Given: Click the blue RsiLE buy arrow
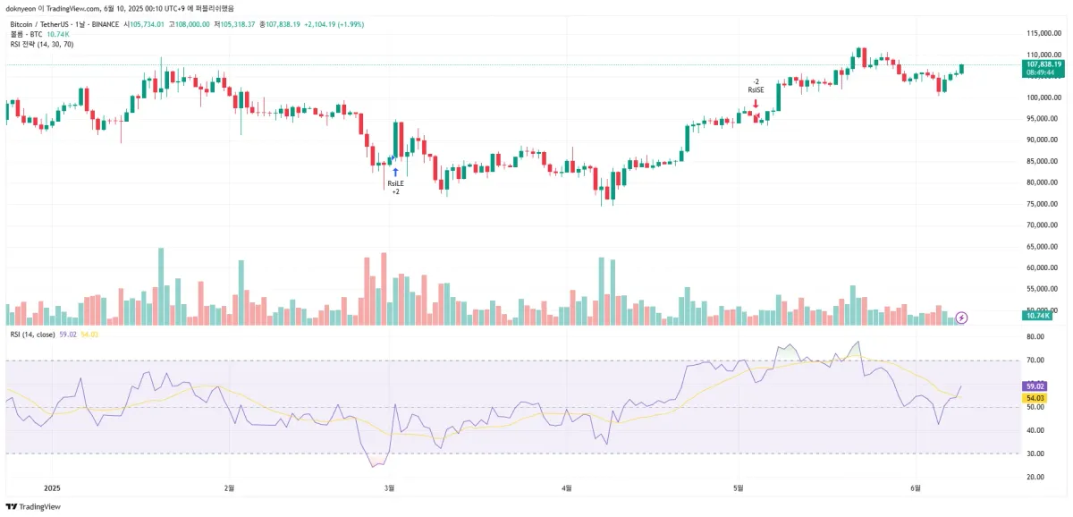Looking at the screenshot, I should coord(395,170).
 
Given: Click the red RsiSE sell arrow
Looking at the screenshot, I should coord(756,104).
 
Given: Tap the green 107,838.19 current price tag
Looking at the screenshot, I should coord(1044,64).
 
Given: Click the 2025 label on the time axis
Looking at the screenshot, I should coord(52,488).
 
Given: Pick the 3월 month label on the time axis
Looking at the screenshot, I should coord(389,488).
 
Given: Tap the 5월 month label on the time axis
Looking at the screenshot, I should coord(739,488).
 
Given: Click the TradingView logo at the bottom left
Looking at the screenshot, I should coord(35,506).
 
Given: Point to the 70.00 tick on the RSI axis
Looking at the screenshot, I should coord(1035,360).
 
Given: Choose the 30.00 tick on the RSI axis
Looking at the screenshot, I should coord(1035,453).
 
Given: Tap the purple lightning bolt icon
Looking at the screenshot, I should coord(962,317).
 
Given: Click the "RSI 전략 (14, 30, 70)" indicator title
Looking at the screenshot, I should coord(42,44).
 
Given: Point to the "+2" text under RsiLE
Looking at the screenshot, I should coord(395,191).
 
